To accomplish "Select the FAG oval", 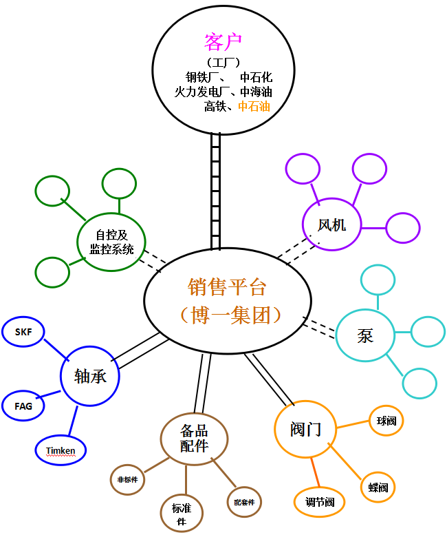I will pos(23,406).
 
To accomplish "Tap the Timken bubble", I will pos(61,450).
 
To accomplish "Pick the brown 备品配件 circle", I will pos(194,438).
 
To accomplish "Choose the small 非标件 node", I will pos(127,479).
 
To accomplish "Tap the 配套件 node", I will pos(244,503).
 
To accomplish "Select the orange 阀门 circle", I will pos(306,430).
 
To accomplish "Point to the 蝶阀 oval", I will pos(378,487).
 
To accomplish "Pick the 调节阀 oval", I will pos(320,502).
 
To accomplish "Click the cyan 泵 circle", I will pos(366,336).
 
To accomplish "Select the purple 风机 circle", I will pos(332,224).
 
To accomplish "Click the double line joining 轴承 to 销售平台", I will pos(139,351).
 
